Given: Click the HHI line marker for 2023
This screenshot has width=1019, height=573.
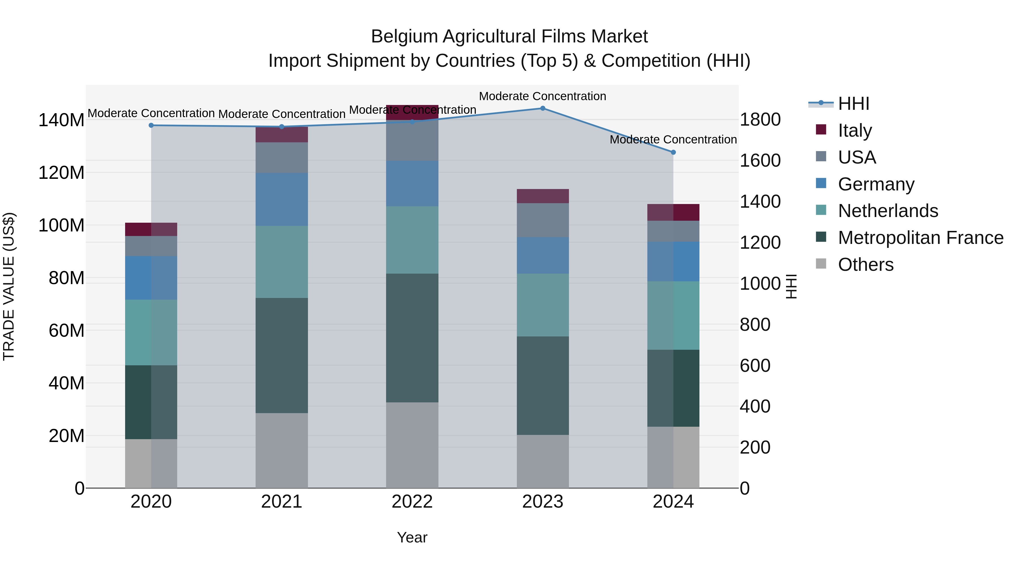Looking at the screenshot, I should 542,108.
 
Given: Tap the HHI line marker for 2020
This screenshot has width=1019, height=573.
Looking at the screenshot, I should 151,125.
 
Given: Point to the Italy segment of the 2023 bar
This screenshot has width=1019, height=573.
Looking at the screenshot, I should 542,196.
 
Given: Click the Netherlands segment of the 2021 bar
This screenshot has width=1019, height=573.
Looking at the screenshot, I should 282,262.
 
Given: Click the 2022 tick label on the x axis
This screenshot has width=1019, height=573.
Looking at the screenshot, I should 412,502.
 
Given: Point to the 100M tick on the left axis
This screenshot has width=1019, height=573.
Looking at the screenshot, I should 61,226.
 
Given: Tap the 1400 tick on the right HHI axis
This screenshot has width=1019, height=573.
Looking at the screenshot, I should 759,202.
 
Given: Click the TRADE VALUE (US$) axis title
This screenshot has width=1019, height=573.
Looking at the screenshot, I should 9,286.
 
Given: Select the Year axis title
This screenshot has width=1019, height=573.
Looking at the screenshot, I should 412,537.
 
